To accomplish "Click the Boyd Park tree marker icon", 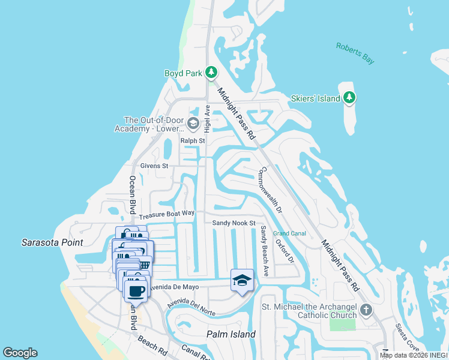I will coord(211,73).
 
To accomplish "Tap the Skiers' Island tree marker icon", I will coord(349,98).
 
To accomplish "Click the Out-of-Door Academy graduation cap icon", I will coord(193,124).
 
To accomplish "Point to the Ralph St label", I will coord(193,141).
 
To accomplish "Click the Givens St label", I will coord(154,166).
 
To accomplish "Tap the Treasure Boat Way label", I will coord(167,214).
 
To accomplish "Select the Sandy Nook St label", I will coord(234,223).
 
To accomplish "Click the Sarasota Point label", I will coord(52,242).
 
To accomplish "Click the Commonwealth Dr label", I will coord(270,190).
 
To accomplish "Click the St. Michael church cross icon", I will coord(366,310).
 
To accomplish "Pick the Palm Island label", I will coord(231,334).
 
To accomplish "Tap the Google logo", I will coord(20,353).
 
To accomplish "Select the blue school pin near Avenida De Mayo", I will coord(243,281).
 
